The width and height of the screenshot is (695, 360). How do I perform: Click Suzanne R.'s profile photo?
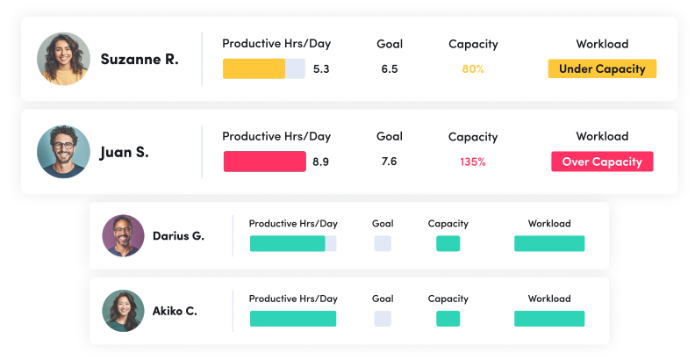coord(63,59)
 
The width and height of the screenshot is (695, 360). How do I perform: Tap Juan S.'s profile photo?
coord(63,152)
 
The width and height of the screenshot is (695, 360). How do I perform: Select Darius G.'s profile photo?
coord(122,235)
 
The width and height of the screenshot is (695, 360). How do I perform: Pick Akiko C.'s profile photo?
coord(122,311)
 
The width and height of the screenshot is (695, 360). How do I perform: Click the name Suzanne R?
coord(140,60)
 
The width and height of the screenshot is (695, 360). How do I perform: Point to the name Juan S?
coord(124,152)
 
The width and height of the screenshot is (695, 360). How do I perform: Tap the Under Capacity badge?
coord(602,68)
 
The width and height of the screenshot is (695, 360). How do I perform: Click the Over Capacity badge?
coord(602,162)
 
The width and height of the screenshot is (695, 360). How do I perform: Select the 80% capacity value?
coord(473,68)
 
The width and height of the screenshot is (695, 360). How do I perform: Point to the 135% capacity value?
coord(473,162)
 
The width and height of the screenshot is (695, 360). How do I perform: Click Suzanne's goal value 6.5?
coord(390,68)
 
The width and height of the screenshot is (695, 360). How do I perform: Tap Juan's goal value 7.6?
coord(390,162)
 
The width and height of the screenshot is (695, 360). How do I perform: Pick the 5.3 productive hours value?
coord(321,68)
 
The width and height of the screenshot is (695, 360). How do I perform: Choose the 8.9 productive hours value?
coord(321,162)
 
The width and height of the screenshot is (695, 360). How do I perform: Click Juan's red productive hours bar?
coord(264,162)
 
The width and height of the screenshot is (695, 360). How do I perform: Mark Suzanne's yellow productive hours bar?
coord(254,68)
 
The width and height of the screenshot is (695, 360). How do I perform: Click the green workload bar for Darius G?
coord(549,243)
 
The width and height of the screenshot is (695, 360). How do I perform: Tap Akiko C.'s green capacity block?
coord(448,319)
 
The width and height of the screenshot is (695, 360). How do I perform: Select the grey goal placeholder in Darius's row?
coord(383,243)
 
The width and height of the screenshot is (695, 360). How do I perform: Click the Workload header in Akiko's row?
coord(549,299)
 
